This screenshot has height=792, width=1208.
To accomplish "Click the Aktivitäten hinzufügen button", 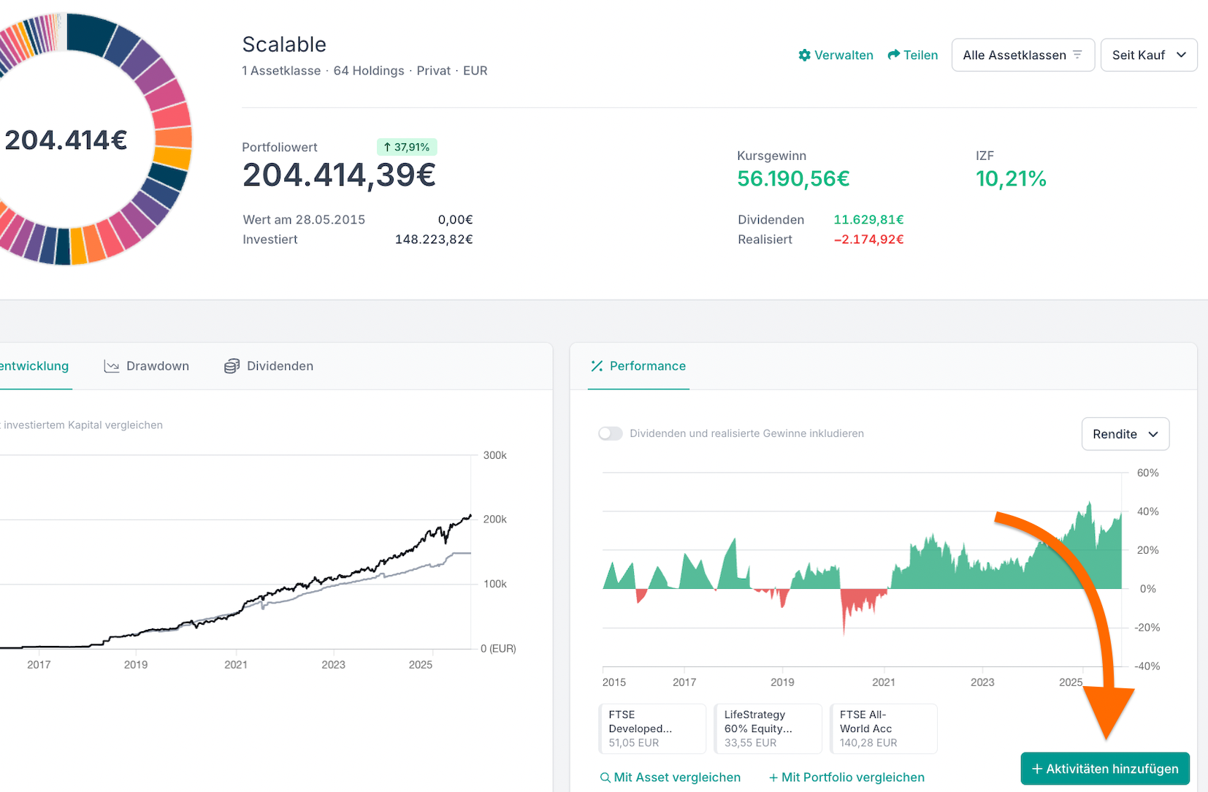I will point(1104,769).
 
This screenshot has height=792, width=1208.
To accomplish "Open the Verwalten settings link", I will point(836,55).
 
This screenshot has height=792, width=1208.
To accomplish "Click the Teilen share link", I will point(912,55).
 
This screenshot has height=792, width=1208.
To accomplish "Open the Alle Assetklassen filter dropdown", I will point(1022,55).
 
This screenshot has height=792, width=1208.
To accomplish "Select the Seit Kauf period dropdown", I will point(1148,55).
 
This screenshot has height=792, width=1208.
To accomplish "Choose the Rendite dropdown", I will point(1125,434).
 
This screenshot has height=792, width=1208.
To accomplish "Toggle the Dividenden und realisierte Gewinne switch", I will point(611,433).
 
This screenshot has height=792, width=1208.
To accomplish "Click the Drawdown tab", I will point(147,366).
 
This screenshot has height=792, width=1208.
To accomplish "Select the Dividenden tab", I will point(269,366).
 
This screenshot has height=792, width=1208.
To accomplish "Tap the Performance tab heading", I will point(638,366).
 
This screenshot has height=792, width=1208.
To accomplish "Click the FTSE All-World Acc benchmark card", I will point(883,728).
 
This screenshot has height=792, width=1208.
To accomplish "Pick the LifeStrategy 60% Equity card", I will point(768,728).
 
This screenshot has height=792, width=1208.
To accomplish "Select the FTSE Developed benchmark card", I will point(652,728).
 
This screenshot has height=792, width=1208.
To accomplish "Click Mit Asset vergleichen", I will point(670,777).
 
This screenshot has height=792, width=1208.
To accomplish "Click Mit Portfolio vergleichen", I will point(846,777).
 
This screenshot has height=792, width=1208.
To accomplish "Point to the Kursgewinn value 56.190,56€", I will point(793,178).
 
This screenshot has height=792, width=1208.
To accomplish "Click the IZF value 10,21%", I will point(1011,178).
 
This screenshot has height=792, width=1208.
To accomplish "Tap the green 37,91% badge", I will point(407,147).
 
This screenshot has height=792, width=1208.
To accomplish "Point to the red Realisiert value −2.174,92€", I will point(868,240).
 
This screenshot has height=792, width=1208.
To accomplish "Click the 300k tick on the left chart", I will point(494,455).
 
